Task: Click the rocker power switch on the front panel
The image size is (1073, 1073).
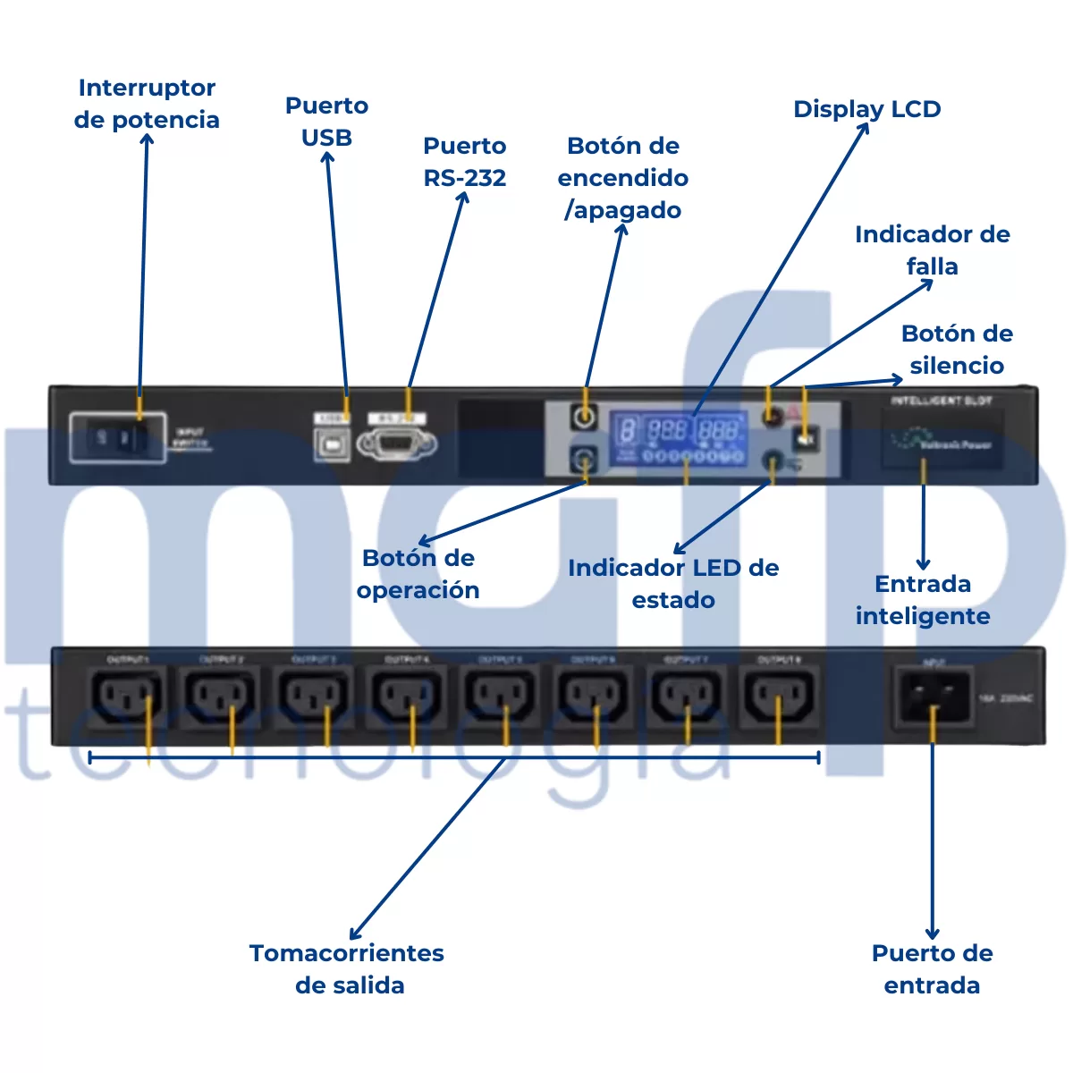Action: pos(119,437)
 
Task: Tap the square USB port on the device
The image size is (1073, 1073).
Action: pos(332,444)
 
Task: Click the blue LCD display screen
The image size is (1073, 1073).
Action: pos(679,439)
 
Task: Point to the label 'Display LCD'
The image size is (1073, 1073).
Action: pos(866,109)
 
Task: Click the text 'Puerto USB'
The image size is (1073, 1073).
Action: pos(326,122)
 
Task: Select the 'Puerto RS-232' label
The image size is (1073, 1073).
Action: pos(464,162)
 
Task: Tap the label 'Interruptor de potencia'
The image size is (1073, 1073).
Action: pos(147,104)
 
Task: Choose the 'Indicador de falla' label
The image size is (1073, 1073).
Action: pos(932,250)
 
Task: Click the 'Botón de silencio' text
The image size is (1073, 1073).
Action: pos(957,350)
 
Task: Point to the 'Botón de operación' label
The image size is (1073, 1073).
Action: pos(418,574)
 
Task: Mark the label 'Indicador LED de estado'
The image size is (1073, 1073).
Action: pos(673,584)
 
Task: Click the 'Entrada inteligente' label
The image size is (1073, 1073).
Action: pos(923,600)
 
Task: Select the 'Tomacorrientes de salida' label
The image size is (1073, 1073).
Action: pos(347,969)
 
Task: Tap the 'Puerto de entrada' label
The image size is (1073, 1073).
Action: pos(932,969)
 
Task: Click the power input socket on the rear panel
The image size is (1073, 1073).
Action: pos(933,697)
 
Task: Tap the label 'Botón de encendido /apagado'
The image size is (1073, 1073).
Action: pos(623,178)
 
